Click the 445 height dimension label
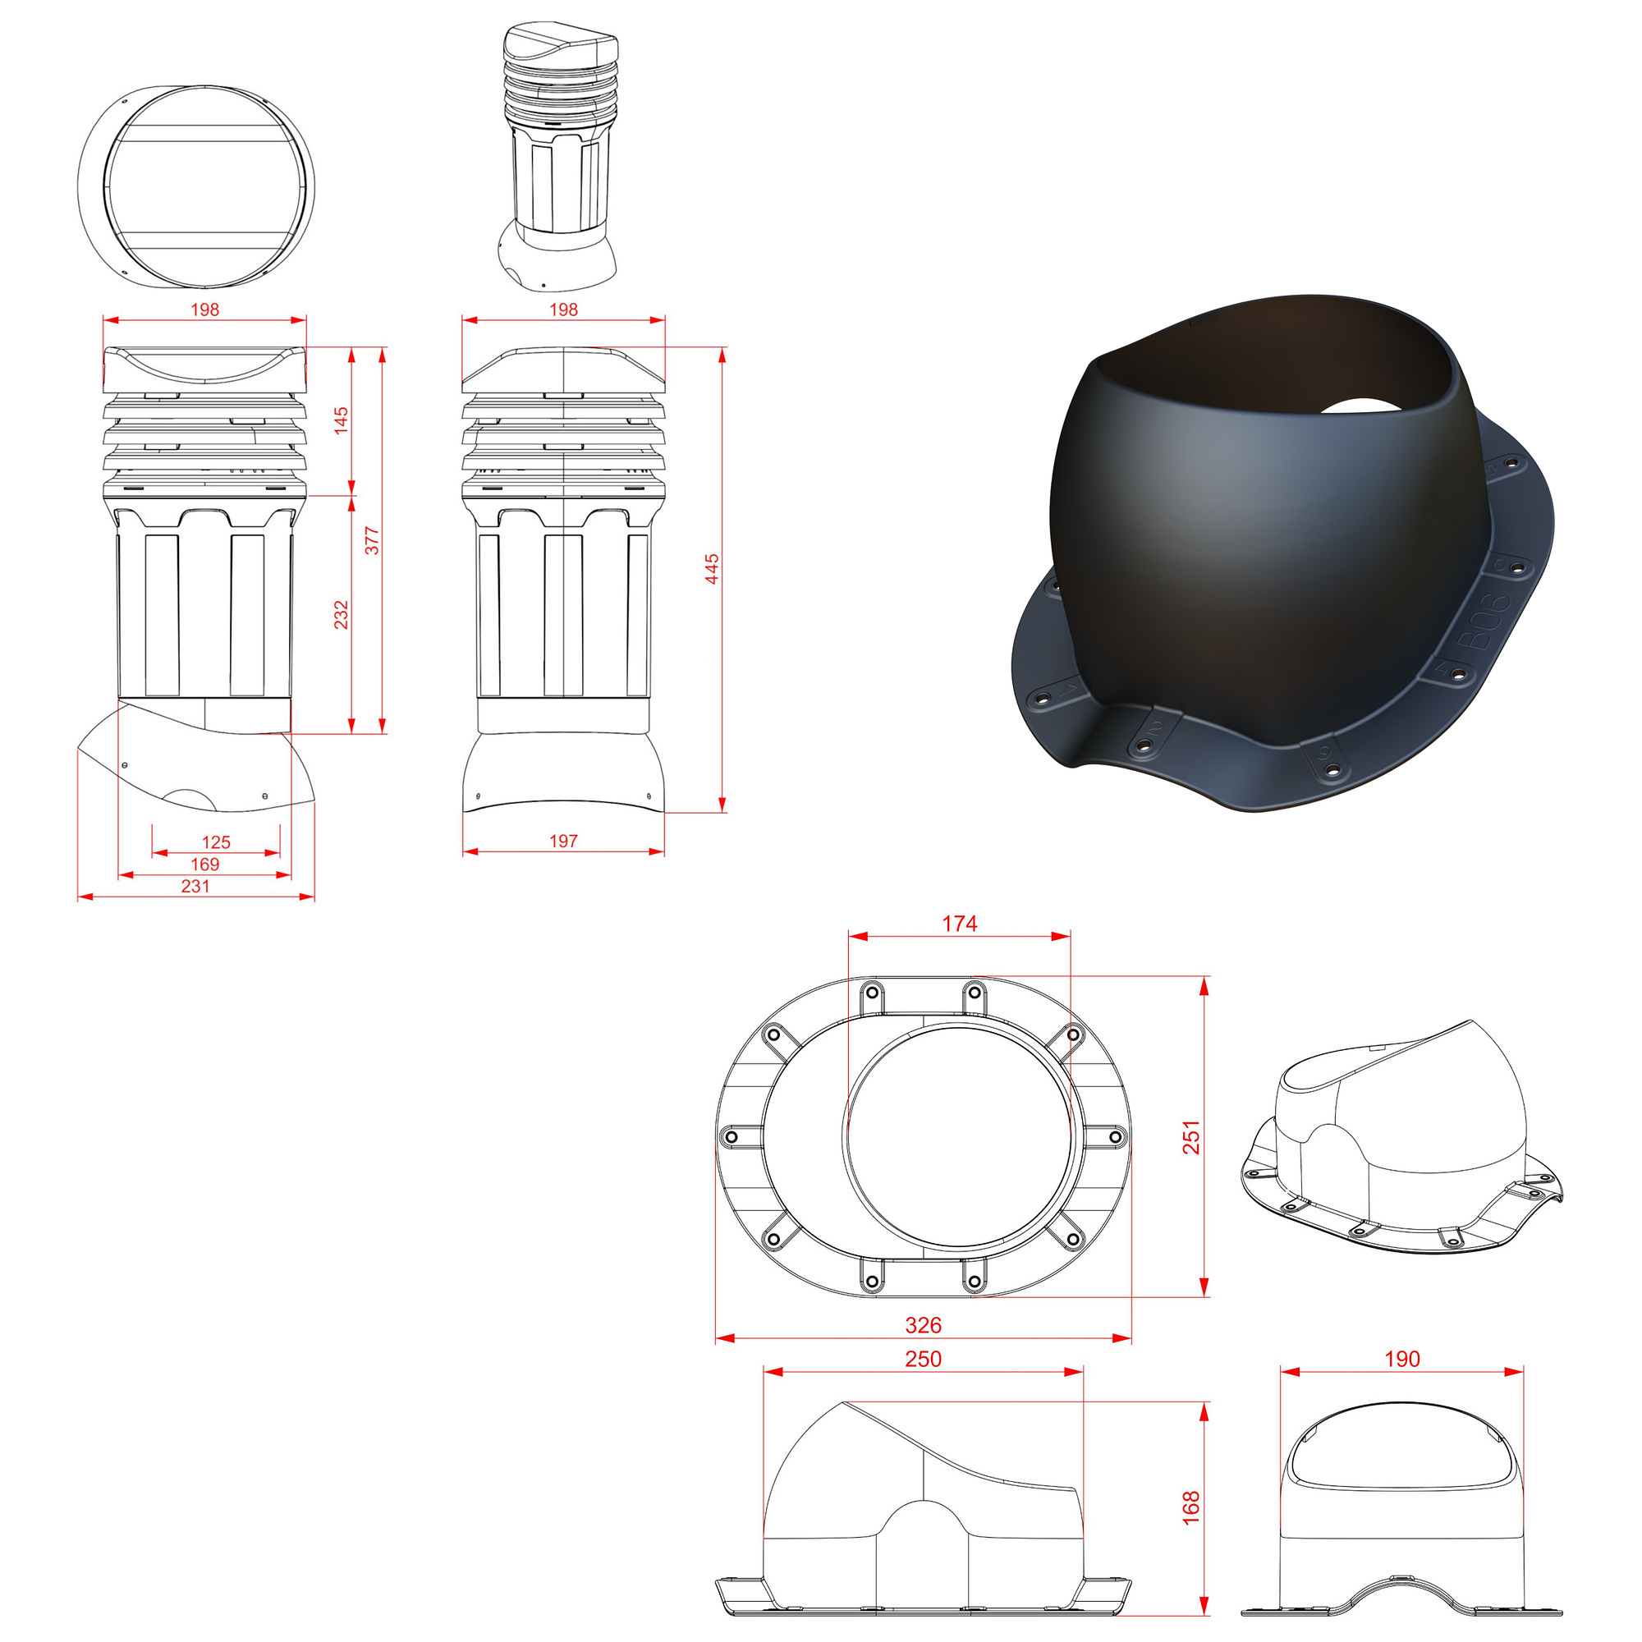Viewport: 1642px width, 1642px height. click(x=712, y=569)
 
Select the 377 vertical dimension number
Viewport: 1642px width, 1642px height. click(x=372, y=540)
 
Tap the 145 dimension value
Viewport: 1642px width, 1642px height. click(x=341, y=420)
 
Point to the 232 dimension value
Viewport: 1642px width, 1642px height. click(x=341, y=614)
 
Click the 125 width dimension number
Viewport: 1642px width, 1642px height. click(x=216, y=842)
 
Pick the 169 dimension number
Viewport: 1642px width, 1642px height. click(x=204, y=865)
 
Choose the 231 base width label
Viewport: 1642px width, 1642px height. click(x=195, y=887)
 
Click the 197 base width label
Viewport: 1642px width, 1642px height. click(x=563, y=842)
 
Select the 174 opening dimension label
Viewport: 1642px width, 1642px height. click(x=960, y=924)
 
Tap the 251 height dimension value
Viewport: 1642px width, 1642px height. click(x=1191, y=1138)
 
